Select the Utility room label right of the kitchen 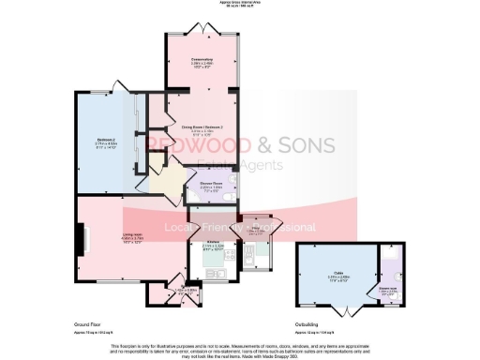(x=254, y=229)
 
